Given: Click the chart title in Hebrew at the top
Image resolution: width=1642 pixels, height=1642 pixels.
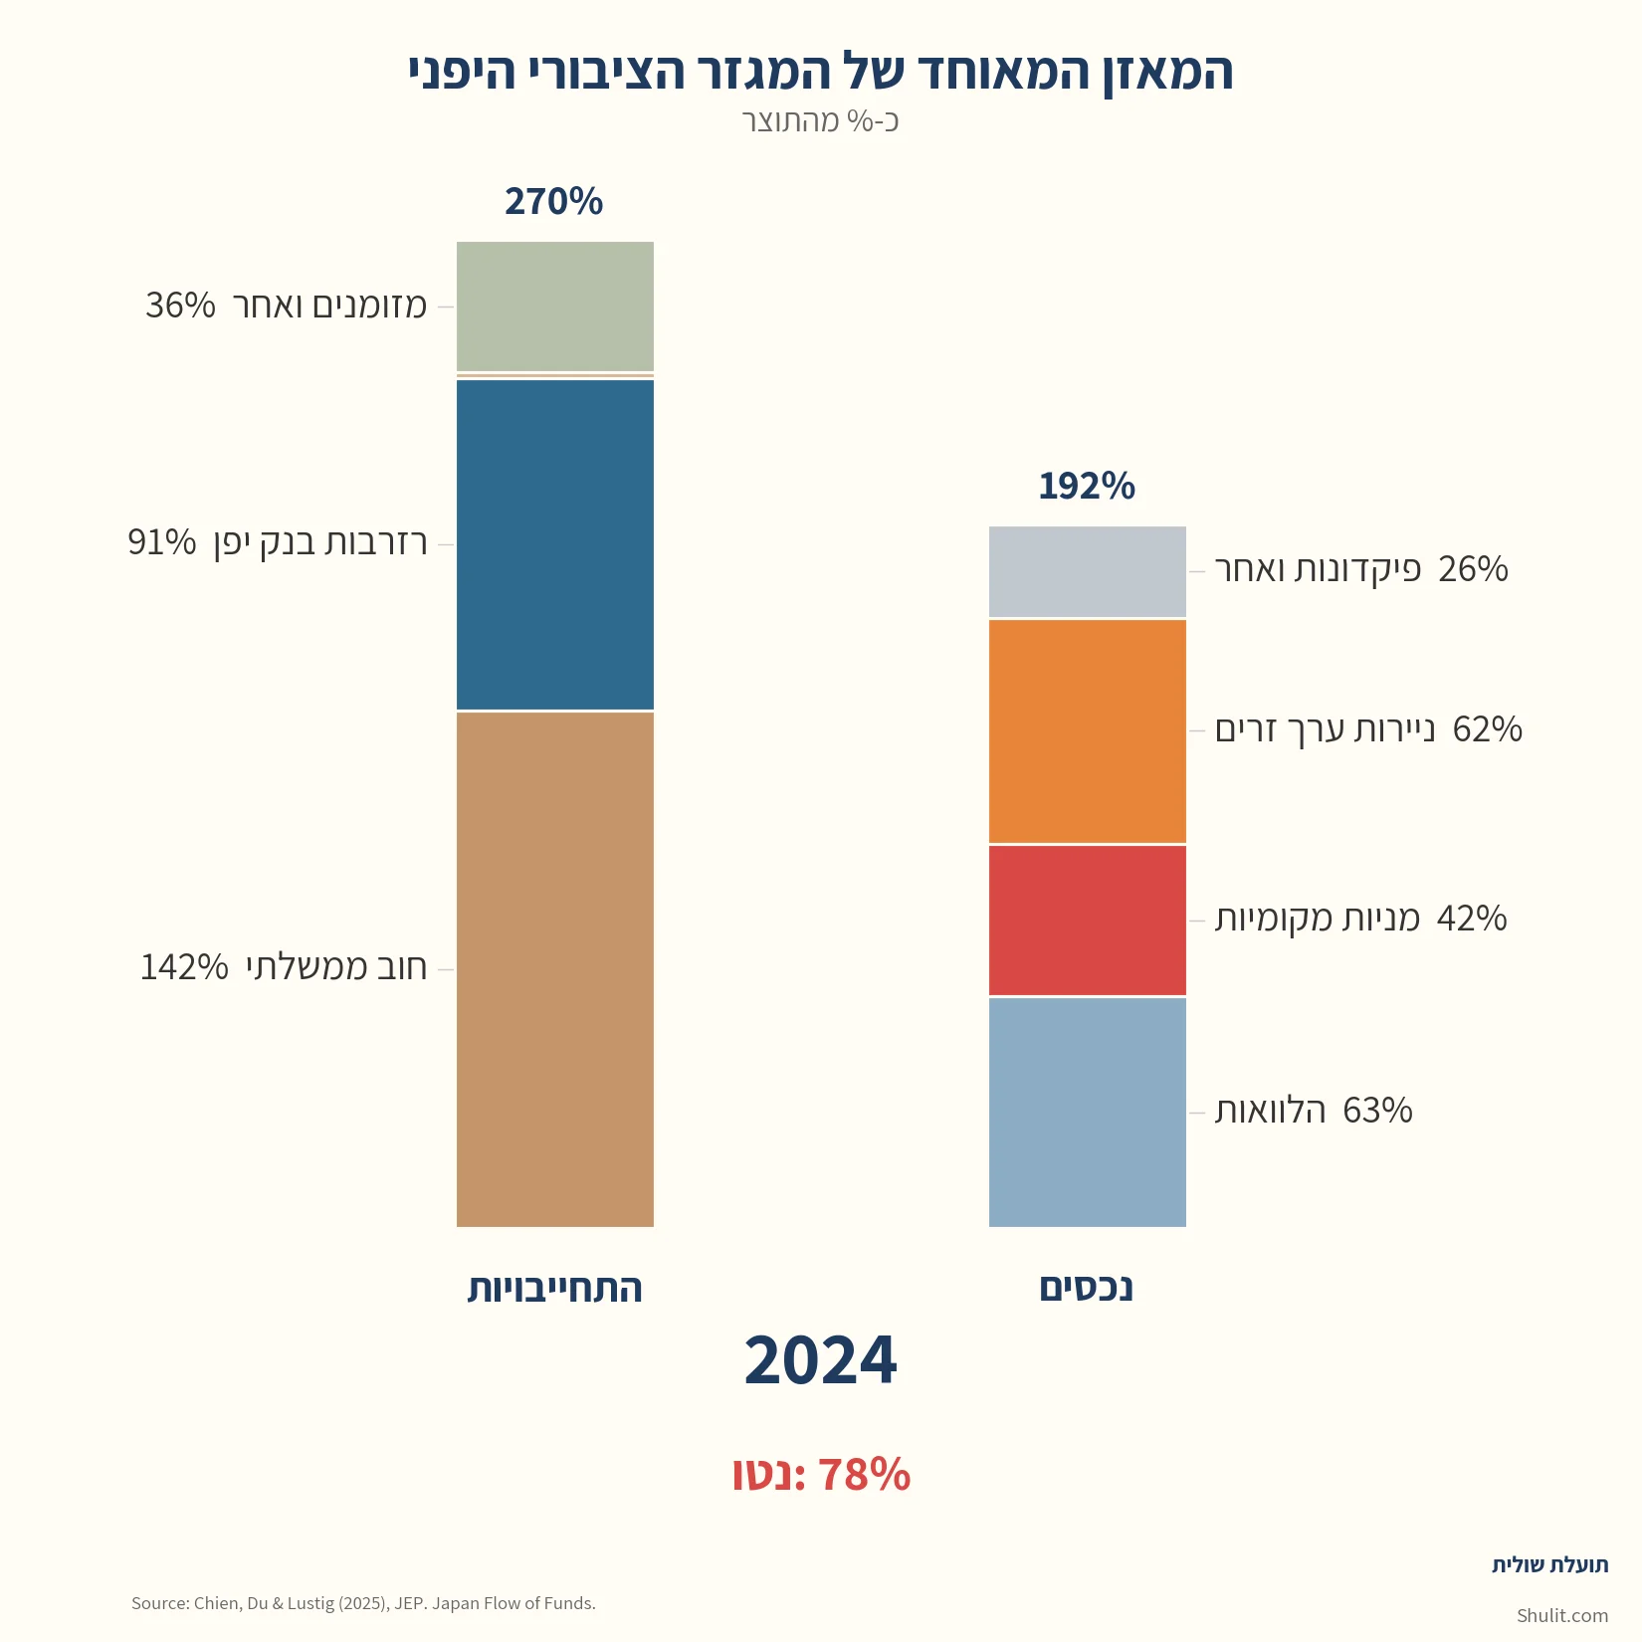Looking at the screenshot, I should coord(820,73).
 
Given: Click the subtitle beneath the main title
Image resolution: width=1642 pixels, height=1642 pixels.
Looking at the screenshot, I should coord(820,121).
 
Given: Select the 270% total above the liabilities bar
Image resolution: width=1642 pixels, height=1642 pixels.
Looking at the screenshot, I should coord(553,202).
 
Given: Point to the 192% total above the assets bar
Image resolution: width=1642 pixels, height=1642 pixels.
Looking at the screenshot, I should coord(1087,487).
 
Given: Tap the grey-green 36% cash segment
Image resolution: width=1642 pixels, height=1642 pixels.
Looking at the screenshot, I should coord(555,307).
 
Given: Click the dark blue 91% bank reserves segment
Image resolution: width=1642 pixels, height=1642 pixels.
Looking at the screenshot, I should coord(555,544).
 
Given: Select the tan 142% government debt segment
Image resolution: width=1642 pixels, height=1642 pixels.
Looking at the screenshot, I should coord(555,969).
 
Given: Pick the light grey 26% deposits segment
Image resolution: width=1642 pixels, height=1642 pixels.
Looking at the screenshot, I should coord(1088,572).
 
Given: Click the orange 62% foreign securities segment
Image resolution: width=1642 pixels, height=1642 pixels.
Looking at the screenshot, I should coord(1088,731).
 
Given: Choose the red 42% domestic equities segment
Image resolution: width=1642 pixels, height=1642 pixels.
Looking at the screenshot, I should coord(1088,921).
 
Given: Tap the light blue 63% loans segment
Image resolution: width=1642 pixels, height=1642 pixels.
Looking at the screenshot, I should coord(1088,1112).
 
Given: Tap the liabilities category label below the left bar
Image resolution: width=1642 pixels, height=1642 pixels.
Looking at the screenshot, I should coord(555,1288).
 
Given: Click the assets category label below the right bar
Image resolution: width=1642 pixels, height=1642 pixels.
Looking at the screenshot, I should coord(1087,1288).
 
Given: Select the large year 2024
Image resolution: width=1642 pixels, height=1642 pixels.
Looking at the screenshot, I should coord(820,1360).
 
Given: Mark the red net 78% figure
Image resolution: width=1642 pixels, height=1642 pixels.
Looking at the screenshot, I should coord(820,1475).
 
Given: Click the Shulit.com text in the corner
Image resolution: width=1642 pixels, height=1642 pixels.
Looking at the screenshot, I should coord(1561,1615).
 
